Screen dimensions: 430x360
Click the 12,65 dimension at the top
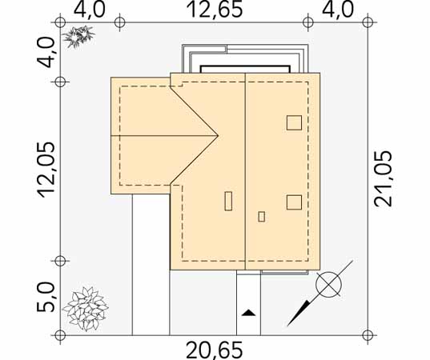215,10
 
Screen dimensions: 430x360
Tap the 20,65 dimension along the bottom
215,350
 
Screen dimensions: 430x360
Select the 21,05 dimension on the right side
383,178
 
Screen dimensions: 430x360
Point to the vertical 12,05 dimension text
46,170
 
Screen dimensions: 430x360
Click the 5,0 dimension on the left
46,298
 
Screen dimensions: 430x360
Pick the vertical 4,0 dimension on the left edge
46,52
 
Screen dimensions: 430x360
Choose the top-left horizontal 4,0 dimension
90,10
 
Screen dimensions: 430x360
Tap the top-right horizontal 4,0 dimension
338,10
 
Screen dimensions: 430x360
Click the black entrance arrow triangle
248,313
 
